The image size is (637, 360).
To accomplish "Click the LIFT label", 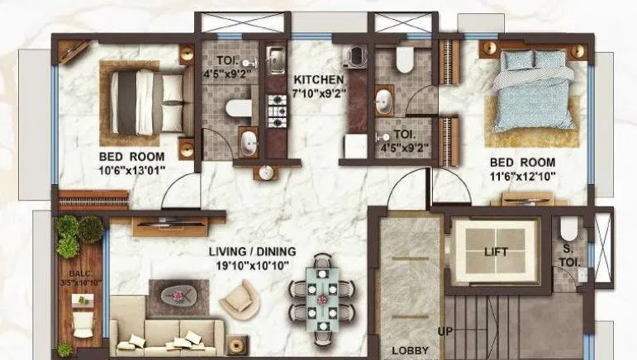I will click(496, 252).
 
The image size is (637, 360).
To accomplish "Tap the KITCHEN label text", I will click(318, 79).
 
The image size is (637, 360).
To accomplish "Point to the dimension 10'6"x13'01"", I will click(132, 170).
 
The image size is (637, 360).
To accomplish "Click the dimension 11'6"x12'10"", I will click(523, 177).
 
